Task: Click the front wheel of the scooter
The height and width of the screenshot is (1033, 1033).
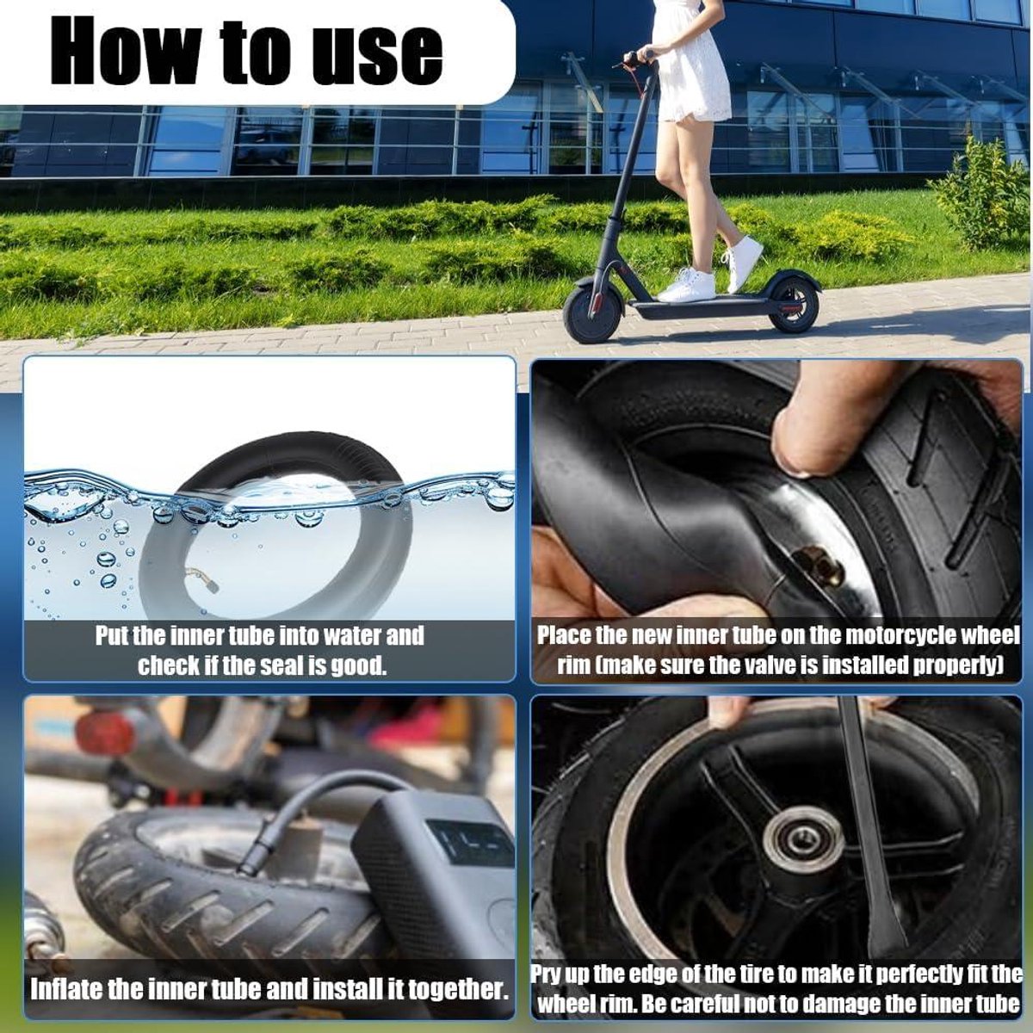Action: click(593, 315)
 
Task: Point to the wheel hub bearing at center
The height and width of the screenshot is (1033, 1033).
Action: click(802, 851)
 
